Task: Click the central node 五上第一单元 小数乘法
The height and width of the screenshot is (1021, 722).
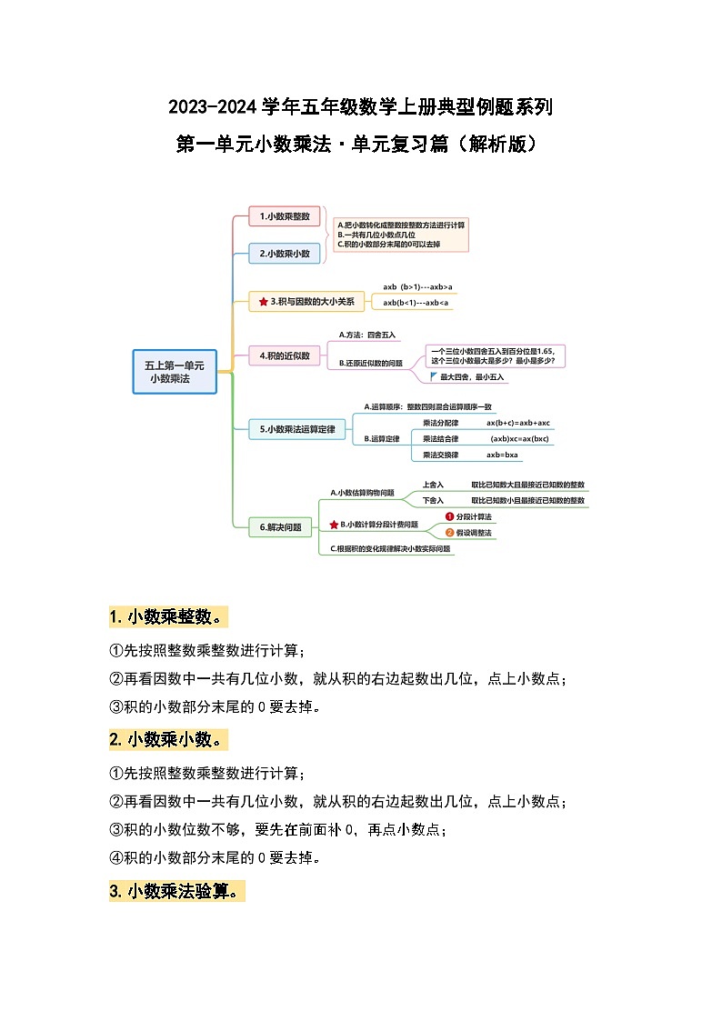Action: (x=175, y=371)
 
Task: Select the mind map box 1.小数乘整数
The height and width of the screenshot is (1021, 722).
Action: (x=285, y=216)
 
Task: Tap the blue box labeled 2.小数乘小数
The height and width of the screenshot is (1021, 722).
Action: (x=285, y=254)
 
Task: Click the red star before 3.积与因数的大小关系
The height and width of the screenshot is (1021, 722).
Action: (x=263, y=301)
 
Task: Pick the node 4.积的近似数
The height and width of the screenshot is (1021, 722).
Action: (x=285, y=355)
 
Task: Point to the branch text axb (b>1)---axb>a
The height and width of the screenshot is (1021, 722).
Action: (x=417, y=286)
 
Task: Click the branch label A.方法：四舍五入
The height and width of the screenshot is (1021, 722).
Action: (x=367, y=335)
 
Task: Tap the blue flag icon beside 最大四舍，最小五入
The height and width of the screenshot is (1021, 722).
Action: (x=433, y=375)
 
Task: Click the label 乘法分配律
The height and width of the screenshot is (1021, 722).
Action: (x=441, y=423)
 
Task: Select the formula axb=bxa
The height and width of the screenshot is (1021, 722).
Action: (x=502, y=455)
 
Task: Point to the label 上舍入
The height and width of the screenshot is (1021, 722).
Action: (x=433, y=485)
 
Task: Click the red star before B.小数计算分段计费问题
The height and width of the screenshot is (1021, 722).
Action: (x=334, y=525)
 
